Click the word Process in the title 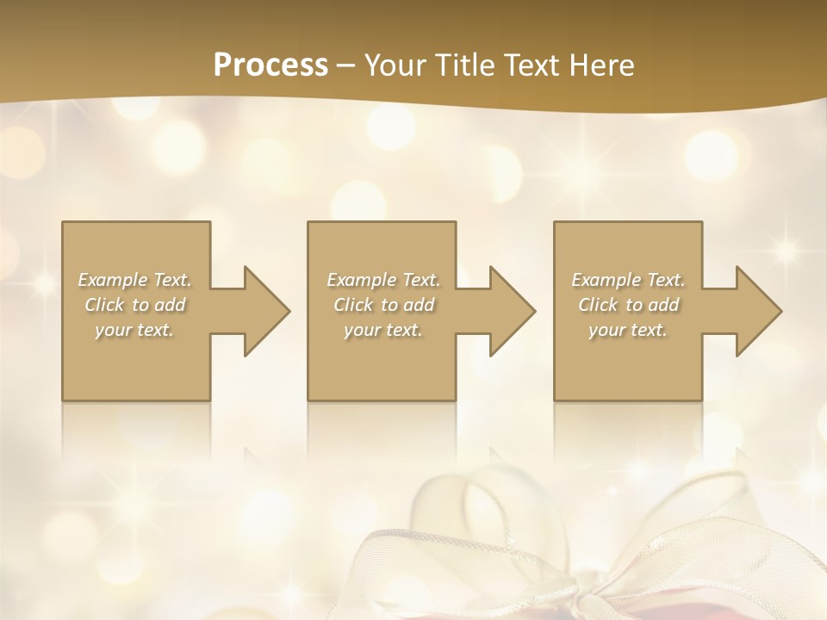pos(270,65)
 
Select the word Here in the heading pos(600,65)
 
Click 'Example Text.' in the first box pos(134,280)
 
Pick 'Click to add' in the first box pos(134,305)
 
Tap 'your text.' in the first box pos(134,330)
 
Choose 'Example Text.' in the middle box pos(383,280)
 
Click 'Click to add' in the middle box pos(383,305)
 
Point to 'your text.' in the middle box pos(383,330)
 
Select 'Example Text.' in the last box pos(628,280)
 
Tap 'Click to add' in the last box pos(628,305)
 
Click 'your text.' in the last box pos(628,330)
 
